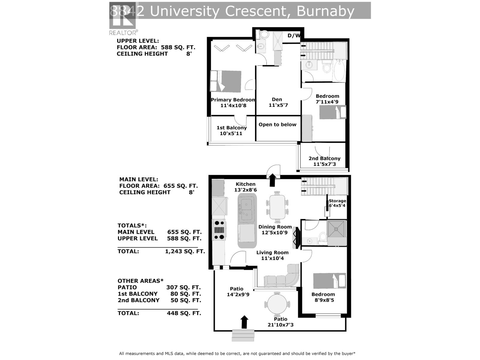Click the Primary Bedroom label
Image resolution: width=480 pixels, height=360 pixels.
pos(233,100)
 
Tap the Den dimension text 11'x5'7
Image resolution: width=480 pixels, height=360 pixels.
pos(278,105)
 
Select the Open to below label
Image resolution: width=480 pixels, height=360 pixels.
pos(277,124)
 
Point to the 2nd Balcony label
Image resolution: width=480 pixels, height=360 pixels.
pos(324,158)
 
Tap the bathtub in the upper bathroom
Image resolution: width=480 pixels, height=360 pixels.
pos(339,70)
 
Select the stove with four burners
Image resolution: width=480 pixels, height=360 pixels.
pos(219,230)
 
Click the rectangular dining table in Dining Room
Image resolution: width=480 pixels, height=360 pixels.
pos(277,207)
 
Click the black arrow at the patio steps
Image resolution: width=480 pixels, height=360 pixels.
pos(244,322)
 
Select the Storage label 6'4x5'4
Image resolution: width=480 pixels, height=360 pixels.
pos(337,203)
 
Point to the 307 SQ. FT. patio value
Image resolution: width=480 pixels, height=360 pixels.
pos(183,287)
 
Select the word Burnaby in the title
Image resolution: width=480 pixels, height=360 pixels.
pos(325,11)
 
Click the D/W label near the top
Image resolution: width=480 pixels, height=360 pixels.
pos(293,36)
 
